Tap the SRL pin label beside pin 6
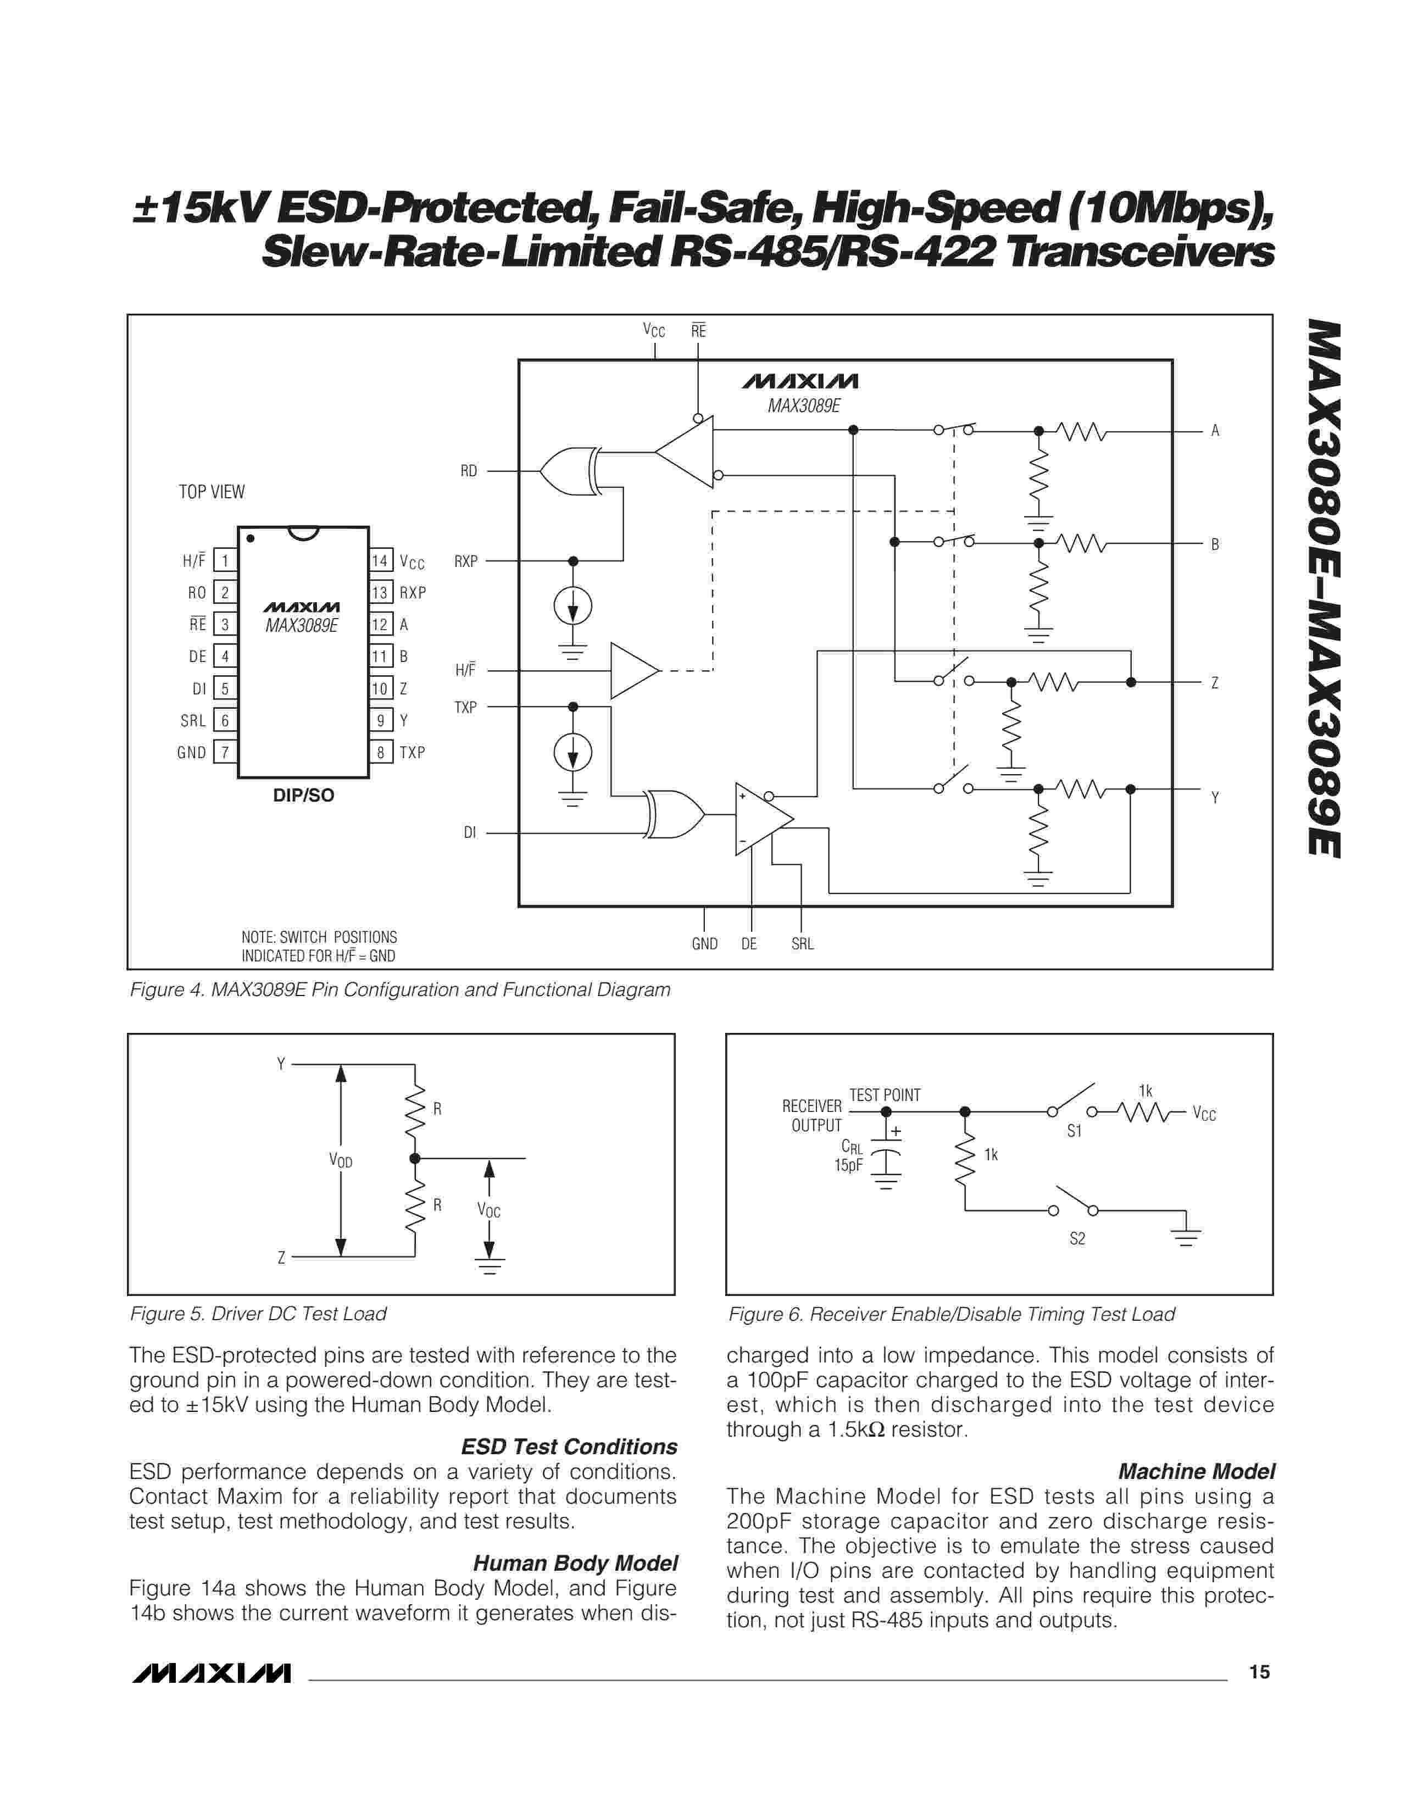(192, 721)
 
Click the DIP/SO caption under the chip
(304, 796)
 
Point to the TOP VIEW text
(212, 492)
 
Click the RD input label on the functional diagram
(469, 471)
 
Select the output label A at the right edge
(1215, 430)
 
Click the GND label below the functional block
(705, 944)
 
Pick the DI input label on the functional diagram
(470, 833)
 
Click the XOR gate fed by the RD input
(569, 471)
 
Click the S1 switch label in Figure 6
(1075, 1131)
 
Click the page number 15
(1259, 1672)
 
